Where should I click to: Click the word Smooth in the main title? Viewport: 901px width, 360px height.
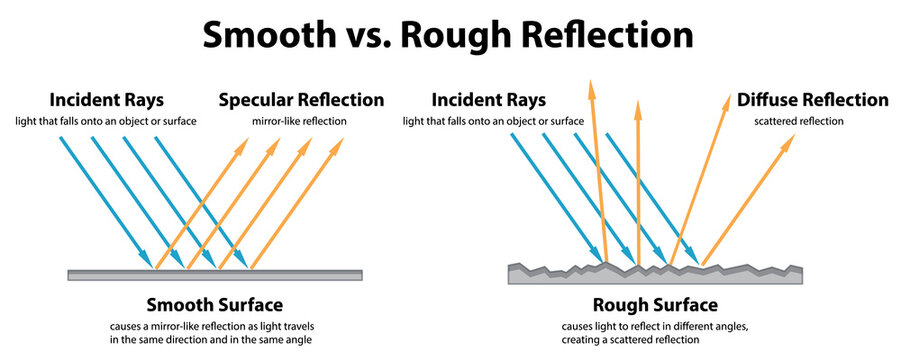(264, 36)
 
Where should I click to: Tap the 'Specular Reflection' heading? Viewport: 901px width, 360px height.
(300, 100)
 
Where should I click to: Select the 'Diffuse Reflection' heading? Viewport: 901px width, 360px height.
(812, 100)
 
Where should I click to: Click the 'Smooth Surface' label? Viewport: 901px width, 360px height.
(214, 304)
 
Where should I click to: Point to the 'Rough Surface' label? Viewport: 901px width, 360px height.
(656, 304)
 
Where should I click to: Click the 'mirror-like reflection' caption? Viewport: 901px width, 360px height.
(299, 122)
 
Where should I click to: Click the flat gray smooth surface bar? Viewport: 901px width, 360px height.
(214, 274)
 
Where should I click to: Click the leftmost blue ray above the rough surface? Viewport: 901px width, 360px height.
(555, 196)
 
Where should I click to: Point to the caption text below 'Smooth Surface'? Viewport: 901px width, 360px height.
(214, 334)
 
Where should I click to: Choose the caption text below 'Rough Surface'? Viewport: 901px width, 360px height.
(656, 334)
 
